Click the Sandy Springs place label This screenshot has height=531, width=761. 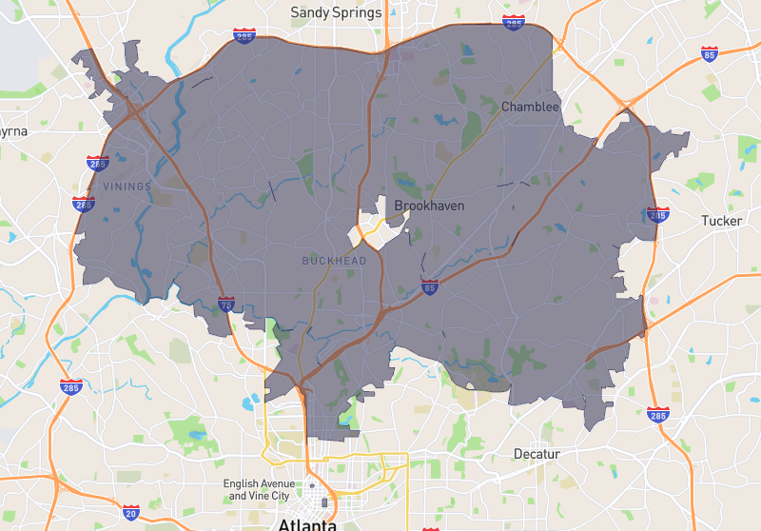(x=336, y=12)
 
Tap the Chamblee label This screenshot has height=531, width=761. (x=530, y=107)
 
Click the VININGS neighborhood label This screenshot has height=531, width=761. (x=127, y=187)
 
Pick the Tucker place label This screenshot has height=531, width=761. (x=720, y=220)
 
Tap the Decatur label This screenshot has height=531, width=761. (x=537, y=454)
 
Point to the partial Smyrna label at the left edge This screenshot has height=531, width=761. (x=13, y=130)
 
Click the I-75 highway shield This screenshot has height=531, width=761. (x=225, y=305)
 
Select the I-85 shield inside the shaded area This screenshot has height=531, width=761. (x=430, y=285)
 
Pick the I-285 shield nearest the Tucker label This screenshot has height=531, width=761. (x=657, y=214)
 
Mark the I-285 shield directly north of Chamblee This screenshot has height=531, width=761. (x=514, y=22)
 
